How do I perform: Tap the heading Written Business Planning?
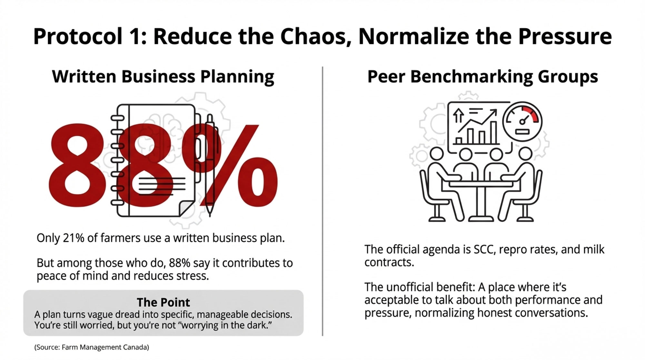coord(163,76)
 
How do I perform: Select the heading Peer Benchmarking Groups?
coord(482,76)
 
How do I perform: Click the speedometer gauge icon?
coord(522,122)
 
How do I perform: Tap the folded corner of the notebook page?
coord(186,208)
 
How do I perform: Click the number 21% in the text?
coord(74,238)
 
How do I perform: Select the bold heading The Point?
coord(163,302)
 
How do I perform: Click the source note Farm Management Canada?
coord(92,347)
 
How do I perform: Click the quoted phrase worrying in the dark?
coord(226,325)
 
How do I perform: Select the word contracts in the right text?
coord(389,262)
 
